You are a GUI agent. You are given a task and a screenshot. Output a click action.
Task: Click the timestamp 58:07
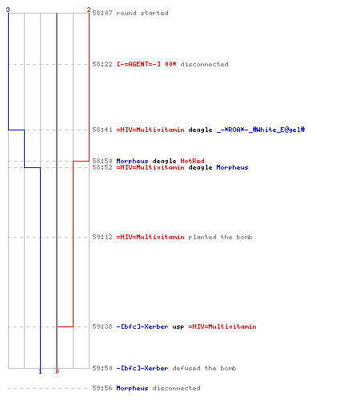(102, 13)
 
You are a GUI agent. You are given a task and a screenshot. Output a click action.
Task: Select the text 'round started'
(142, 13)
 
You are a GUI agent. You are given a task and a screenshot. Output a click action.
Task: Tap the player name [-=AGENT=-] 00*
(146, 64)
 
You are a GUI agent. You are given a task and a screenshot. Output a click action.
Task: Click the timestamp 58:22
(102, 64)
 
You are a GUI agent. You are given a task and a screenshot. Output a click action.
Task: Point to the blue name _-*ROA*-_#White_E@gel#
(261, 130)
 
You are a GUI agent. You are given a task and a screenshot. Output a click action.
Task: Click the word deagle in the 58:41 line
(200, 130)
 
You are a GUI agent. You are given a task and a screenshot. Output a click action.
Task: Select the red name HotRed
(193, 161)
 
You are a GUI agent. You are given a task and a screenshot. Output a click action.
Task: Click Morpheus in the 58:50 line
(132, 161)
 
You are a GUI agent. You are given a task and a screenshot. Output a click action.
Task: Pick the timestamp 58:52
(102, 167)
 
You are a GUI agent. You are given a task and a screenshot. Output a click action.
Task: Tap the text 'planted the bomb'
(220, 237)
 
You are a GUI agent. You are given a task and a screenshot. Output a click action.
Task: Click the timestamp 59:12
(102, 237)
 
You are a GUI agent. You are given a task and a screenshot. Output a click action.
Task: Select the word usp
(178, 327)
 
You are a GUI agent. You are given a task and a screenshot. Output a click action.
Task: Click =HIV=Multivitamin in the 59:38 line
(222, 326)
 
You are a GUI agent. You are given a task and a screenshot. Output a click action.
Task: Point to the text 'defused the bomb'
(204, 368)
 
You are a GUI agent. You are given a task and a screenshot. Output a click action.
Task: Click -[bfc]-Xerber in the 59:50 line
(142, 368)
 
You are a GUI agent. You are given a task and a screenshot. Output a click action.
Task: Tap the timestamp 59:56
(102, 388)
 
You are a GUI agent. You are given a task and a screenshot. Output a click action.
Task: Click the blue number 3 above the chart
(8, 10)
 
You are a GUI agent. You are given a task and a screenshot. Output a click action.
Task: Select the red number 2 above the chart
(89, 10)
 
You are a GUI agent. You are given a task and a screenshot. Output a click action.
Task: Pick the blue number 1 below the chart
(40, 371)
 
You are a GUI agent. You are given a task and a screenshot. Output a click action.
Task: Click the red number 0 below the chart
(57, 371)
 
